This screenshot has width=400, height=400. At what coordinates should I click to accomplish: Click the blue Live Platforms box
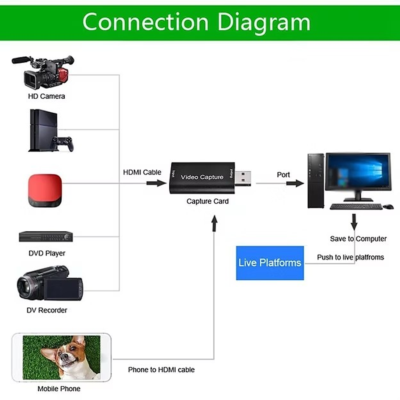270,263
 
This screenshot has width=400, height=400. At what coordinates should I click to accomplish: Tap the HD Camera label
46,96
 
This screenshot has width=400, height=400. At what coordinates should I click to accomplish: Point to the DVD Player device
46,237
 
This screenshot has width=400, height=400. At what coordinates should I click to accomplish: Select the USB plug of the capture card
243,178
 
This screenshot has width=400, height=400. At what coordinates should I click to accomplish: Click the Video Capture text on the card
202,177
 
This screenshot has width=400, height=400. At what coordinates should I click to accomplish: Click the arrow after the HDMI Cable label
156,183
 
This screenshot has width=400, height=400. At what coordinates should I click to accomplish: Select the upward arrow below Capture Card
214,224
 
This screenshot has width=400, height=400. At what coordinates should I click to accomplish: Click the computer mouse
388,206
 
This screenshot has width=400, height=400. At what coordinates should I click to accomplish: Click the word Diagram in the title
264,22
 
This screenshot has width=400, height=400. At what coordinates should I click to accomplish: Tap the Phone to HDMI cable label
161,370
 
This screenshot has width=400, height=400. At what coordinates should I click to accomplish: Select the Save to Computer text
358,239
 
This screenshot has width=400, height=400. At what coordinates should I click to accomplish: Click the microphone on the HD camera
21,60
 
